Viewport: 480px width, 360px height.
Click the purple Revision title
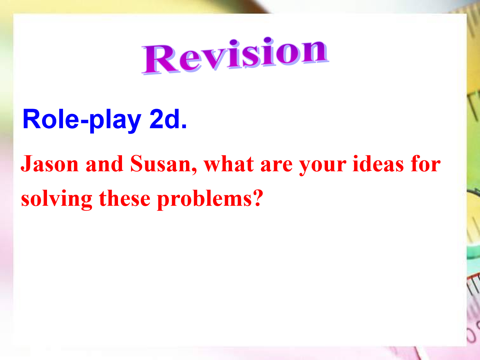(235, 56)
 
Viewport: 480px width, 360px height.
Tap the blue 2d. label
(168, 119)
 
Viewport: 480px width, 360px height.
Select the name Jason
(50, 163)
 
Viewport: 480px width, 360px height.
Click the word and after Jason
(104, 163)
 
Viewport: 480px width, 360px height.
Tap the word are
(277, 166)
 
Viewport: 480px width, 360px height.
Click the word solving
(57, 199)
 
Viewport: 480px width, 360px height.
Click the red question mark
(258, 198)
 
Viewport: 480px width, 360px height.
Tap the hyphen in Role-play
(85, 121)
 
